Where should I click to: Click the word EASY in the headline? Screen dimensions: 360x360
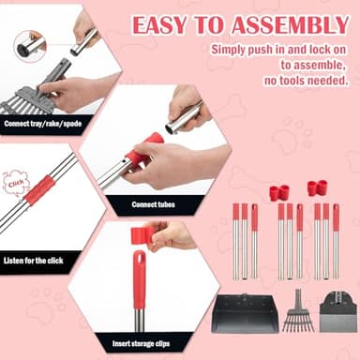pos(158,23)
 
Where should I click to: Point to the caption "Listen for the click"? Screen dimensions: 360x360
pos(35,260)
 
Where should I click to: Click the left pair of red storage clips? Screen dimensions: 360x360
pos(278,192)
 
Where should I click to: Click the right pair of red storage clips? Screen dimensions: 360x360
pos(318,187)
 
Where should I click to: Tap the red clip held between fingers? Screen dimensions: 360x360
pos(142,234)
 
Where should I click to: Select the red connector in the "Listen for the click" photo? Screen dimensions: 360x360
pos(39,190)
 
